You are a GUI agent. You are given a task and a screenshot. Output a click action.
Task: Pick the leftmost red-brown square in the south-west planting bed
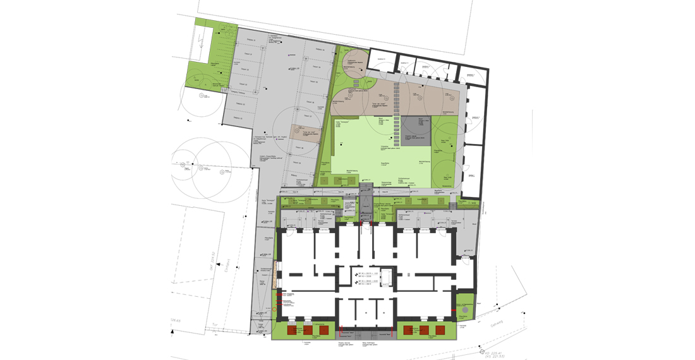[x=292, y=330]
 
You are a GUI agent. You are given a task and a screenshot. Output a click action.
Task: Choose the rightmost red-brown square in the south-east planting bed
[x=440, y=330]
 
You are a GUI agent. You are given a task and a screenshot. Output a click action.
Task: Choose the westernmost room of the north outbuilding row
[x=382, y=61]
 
